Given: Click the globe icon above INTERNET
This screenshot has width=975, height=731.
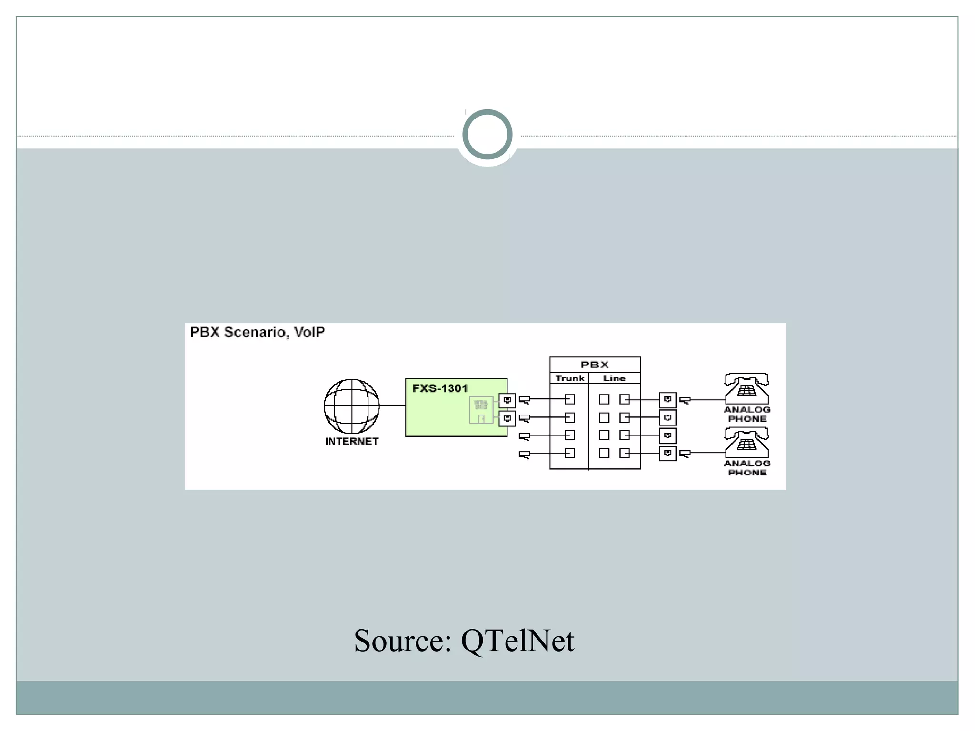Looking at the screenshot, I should coord(352,406).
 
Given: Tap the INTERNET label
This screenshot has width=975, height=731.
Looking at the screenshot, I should coord(352,442).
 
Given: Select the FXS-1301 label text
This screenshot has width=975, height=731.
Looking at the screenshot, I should coord(440,388).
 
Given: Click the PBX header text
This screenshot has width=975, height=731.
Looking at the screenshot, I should coord(595,365).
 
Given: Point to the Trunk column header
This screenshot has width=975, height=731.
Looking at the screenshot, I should coord(569,378).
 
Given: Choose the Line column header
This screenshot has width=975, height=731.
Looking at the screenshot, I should coord(614,378).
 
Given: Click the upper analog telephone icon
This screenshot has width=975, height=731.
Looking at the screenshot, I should coord(746,388).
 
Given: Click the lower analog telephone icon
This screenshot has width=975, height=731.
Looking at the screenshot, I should coord(746,442).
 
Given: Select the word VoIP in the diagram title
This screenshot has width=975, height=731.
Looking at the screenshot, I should coord(309,332).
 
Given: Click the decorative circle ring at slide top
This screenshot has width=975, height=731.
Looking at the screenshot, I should coord(487,134).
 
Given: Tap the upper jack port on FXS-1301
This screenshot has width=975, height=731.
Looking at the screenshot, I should coord(507,400).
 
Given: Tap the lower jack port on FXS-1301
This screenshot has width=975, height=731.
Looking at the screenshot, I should coord(507,419).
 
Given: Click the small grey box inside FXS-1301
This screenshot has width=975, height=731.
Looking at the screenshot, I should coord(481,410).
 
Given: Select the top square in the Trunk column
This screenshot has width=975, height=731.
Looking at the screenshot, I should coord(570,399).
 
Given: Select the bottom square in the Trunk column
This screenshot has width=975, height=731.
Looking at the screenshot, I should coord(570,453).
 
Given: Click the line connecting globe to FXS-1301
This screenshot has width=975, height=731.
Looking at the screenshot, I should coord(392,406).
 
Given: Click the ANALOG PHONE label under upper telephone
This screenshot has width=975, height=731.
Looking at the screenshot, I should coord(747,414).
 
